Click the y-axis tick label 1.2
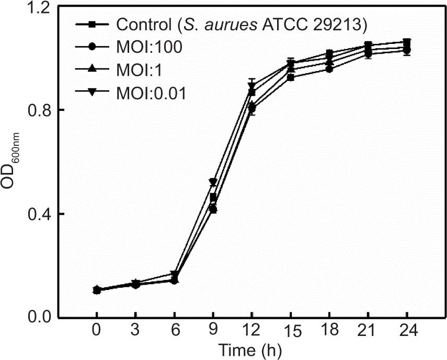[40, 8]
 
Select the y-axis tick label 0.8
[40, 110]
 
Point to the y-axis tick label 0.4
[40, 214]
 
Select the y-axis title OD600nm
[14, 162]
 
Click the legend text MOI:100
[149, 47]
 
